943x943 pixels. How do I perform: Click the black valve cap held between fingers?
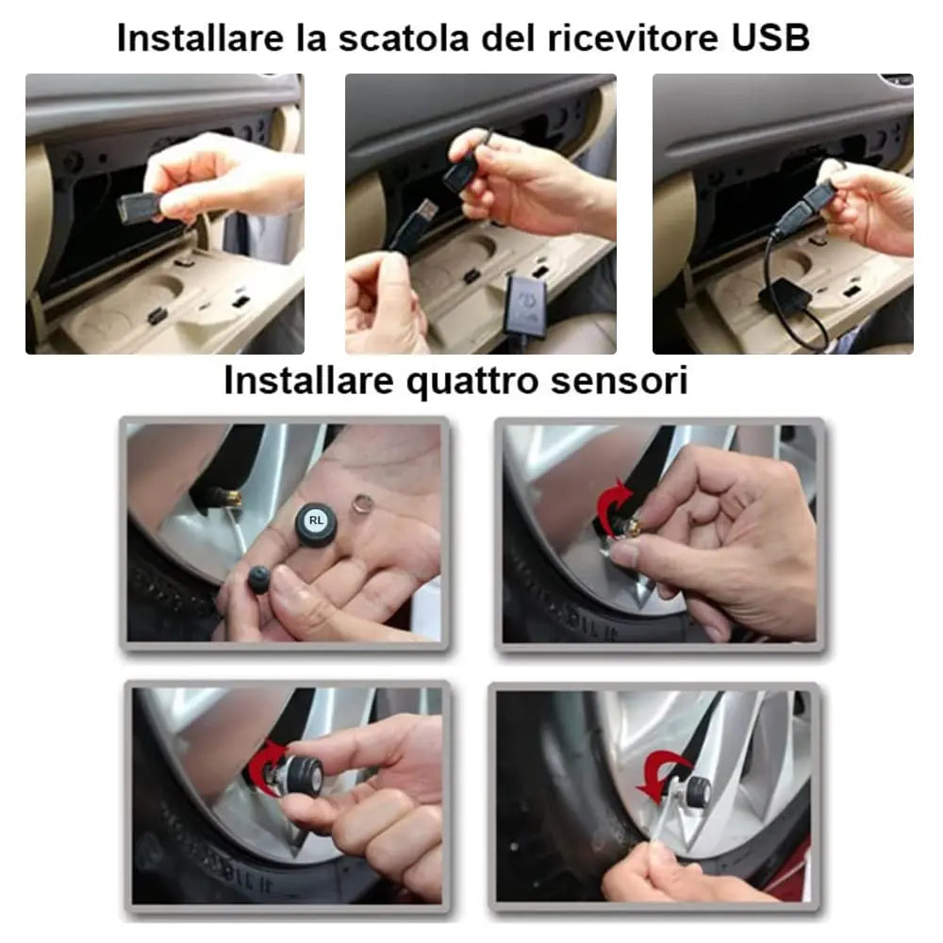(x=257, y=580)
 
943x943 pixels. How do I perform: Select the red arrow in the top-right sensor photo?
(x=609, y=507)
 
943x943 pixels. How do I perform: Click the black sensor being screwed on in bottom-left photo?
(x=304, y=775)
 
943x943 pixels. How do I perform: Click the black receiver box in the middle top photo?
(x=529, y=304)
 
